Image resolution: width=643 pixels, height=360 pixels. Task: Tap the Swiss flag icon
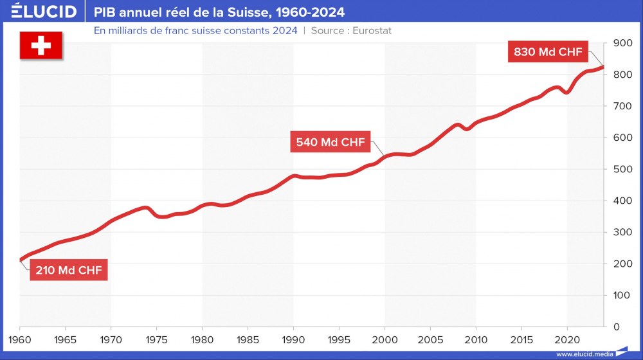[41, 46]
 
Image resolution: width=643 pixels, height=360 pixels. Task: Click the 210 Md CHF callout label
[68, 270]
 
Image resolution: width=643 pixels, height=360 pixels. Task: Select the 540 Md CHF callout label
[331, 142]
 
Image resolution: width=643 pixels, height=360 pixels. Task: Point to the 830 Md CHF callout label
[548, 52]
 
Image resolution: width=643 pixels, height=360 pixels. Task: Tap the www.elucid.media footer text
[583, 354]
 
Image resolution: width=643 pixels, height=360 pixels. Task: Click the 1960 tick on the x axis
[19, 338]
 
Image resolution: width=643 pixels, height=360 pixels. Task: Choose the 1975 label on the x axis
[156, 338]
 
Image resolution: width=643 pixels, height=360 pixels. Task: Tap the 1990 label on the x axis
[293, 338]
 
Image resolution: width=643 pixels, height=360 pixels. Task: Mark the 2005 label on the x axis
[430, 338]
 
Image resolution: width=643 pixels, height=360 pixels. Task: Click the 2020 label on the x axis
[567, 338]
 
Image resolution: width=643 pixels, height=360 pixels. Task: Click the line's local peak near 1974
[146, 208]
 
